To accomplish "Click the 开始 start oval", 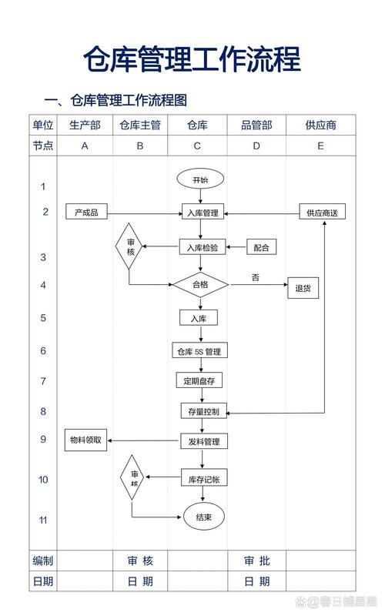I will coord(199,179).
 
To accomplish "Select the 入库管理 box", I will coord(200,213).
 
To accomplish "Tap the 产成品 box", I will coord(86,213).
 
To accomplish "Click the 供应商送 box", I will coord(323,213).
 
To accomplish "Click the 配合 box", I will coord(262,247).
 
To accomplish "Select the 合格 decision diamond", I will coord(200,284).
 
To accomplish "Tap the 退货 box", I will coord(303,289).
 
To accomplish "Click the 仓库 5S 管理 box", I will coord(199,351).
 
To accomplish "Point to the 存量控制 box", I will coord(203,412).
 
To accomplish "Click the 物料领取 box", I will coord(85,440).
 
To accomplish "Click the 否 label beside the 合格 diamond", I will coord(255,276).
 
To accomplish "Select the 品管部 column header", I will coord(256,125).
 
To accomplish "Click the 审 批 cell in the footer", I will coord(256,560).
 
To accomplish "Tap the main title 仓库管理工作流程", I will coord(192,59).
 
